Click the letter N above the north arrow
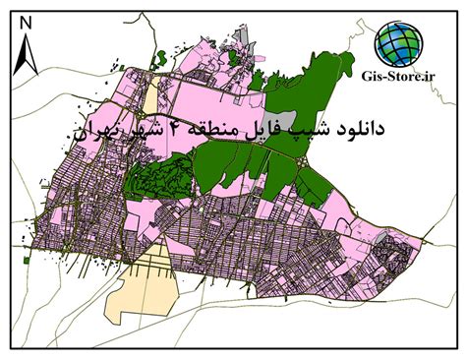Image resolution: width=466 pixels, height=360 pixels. click(x=29, y=20)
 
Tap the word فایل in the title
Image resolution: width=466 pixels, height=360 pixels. click(x=269, y=129)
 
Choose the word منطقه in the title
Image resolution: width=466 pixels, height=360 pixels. click(x=218, y=129)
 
